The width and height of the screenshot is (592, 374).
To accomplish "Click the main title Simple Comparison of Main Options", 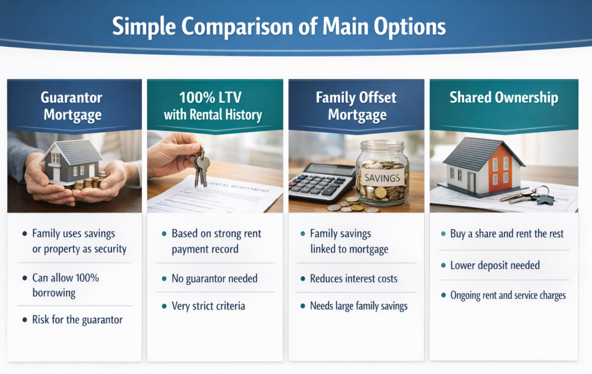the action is pyautogui.click(x=279, y=27).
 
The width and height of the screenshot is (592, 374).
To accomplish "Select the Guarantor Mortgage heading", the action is pyautogui.click(x=72, y=106).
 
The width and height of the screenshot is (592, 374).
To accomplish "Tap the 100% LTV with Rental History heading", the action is pyautogui.click(x=213, y=106).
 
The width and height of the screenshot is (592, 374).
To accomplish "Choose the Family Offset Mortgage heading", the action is pyautogui.click(x=356, y=106).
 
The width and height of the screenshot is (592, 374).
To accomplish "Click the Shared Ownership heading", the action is pyautogui.click(x=504, y=98).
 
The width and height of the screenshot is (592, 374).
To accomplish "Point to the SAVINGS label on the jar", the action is pyautogui.click(x=382, y=178).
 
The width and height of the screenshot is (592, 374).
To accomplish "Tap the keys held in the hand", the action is pyautogui.click(x=202, y=169).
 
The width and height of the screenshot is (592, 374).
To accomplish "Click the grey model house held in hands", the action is pyautogui.click(x=72, y=161).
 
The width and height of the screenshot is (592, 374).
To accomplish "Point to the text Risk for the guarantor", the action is pyautogui.click(x=77, y=320).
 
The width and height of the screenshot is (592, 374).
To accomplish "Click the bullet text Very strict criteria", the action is pyautogui.click(x=208, y=306).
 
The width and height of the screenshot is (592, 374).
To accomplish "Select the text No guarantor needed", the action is pyautogui.click(x=214, y=279).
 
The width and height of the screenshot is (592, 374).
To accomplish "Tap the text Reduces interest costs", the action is pyautogui.click(x=354, y=279).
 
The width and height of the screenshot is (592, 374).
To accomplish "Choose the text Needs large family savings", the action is pyautogui.click(x=358, y=306).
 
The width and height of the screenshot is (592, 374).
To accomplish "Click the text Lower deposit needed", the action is pyautogui.click(x=495, y=265).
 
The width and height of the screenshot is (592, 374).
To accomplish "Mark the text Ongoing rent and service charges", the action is pyautogui.click(x=508, y=295).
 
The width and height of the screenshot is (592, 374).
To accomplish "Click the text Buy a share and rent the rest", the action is pyautogui.click(x=506, y=234).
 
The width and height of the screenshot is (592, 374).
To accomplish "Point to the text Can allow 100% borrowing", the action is pyautogui.click(x=66, y=285).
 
